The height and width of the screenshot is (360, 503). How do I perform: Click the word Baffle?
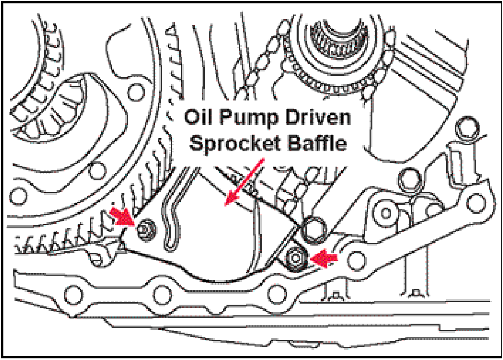tap(317, 143)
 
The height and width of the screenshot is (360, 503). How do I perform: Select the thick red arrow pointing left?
tap(325, 257)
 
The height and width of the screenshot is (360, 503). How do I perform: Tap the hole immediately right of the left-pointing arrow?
tap(357, 258)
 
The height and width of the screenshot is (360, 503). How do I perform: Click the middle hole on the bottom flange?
tap(162, 292)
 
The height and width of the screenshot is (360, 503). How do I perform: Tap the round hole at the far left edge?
tap(19, 195)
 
